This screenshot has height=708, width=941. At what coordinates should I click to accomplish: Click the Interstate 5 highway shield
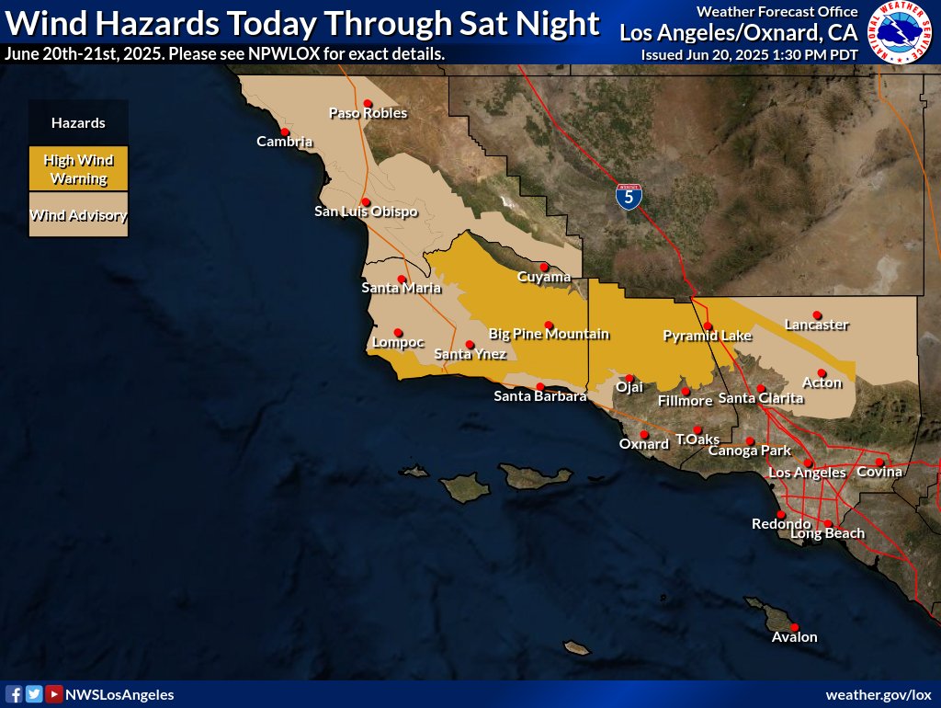coord(629,196)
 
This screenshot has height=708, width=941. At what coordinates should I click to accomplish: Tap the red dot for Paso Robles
coord(368,103)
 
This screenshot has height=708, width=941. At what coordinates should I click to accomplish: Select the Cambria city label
coord(284,142)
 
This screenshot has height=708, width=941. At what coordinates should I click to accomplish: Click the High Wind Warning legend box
coord(78,169)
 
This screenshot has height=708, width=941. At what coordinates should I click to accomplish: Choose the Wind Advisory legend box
coord(78,216)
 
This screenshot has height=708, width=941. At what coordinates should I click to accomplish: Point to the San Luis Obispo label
coord(366,212)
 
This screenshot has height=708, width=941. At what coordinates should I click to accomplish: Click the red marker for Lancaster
coord(816,314)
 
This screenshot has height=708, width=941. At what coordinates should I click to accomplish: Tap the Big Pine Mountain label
coord(549,335)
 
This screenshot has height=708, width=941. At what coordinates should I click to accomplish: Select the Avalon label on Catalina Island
coord(794,637)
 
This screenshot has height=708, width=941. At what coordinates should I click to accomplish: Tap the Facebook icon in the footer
coord(14,694)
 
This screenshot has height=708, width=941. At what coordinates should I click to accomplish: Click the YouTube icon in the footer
coord(54,694)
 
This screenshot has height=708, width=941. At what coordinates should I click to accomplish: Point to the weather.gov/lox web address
coord(879,694)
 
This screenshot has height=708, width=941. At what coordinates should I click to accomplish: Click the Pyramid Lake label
coord(707,337)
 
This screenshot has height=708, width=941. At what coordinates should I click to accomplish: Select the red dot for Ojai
coord(629,378)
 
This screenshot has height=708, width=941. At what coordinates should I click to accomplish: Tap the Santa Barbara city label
coord(539,397)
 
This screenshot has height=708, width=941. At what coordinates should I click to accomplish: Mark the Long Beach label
coord(827,534)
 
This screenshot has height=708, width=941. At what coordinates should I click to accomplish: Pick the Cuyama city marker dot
coord(544,267)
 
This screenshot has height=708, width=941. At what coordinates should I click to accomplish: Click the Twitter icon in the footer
coord(34,694)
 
